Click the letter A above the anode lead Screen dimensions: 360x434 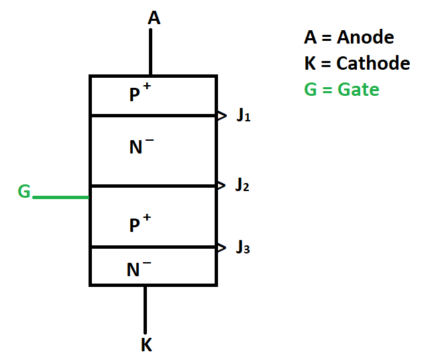[x=154, y=17]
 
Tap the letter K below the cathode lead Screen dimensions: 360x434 [x=146, y=345]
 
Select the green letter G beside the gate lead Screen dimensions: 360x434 [x=23, y=192]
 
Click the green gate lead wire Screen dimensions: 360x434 [x=60, y=198]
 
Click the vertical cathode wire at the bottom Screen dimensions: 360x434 [x=144, y=309]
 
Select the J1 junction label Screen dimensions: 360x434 [x=243, y=116]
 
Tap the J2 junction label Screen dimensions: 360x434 [x=242, y=186]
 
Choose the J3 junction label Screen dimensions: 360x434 [x=243, y=248]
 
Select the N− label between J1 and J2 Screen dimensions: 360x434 [x=141, y=147]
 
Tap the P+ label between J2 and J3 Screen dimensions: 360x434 [x=140, y=225]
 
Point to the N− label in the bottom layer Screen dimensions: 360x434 [x=139, y=269]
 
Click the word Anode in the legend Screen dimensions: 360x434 [x=365, y=38]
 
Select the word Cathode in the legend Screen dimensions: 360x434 [x=373, y=64]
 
